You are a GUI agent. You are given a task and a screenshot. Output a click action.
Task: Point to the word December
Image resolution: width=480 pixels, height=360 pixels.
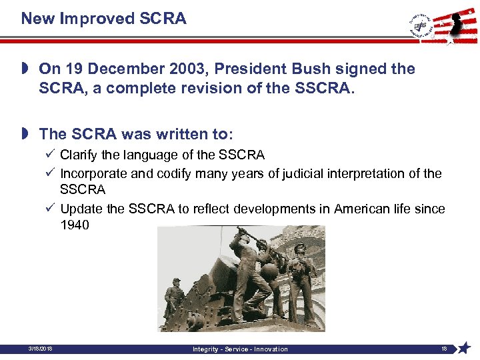(x=121, y=69)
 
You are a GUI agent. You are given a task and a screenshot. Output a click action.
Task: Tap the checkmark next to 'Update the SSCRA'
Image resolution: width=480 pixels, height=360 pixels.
(x=50, y=209)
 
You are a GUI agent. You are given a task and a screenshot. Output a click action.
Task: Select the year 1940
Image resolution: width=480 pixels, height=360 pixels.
(x=74, y=225)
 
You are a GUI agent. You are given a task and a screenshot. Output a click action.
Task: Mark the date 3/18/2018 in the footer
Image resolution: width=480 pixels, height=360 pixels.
(x=41, y=349)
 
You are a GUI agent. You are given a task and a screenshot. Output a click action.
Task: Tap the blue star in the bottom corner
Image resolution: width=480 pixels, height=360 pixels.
(x=465, y=348)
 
